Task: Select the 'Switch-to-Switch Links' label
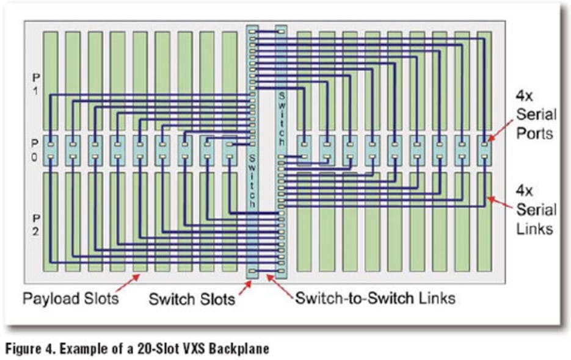click(375, 299)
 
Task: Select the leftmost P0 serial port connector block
click(50, 151)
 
